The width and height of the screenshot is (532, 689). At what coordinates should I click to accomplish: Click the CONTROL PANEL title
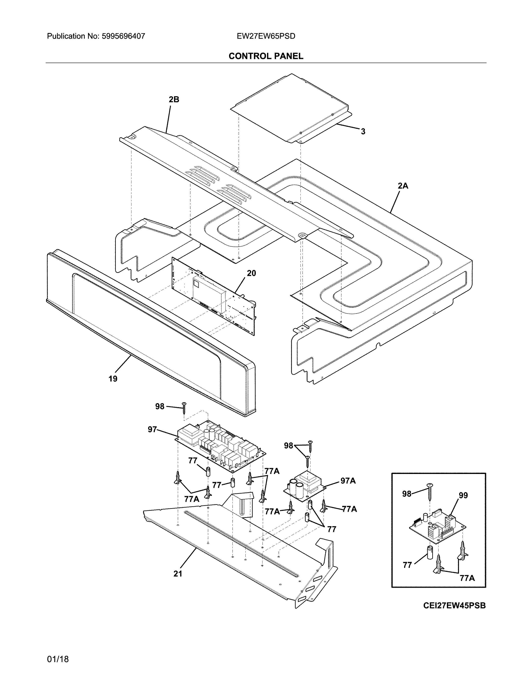pos(266,56)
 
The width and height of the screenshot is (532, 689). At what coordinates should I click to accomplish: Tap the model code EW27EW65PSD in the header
pos(266,36)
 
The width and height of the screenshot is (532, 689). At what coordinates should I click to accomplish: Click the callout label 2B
pos(174,100)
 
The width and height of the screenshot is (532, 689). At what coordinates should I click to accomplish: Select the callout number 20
pos(251,273)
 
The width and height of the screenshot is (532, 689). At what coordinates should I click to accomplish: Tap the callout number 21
pos(178,574)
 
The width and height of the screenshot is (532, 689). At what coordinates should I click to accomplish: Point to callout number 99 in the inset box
pos(463,496)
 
